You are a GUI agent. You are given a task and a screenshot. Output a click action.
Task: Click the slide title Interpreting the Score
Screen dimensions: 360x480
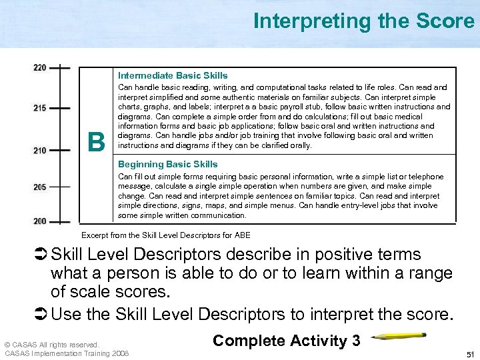(363, 21)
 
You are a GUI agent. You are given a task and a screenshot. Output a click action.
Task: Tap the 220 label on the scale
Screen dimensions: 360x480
(39, 68)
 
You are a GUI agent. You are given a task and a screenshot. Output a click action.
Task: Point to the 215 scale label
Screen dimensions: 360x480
(39, 108)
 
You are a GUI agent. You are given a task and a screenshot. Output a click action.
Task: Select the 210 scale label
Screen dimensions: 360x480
(39, 151)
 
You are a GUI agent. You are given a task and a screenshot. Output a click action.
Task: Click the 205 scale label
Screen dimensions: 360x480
(39, 187)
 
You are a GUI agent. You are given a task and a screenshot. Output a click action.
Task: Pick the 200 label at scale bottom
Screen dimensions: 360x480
(39, 221)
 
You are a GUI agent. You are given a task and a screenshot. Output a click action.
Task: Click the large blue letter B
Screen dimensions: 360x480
(97, 141)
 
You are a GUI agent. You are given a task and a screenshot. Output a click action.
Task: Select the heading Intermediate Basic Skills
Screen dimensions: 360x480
(173, 75)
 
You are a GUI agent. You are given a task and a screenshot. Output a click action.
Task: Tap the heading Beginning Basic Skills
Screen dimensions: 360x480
(168, 164)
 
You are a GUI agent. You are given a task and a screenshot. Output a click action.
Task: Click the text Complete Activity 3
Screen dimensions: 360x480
(287, 341)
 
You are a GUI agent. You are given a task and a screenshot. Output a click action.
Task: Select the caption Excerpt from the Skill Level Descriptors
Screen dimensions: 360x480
(165, 235)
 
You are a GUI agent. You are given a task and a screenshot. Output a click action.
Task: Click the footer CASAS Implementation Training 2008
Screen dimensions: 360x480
(67, 353)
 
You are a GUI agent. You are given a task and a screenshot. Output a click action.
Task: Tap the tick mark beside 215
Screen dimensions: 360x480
(61, 108)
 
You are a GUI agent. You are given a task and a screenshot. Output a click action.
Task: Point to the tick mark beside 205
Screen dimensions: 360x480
(61, 187)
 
